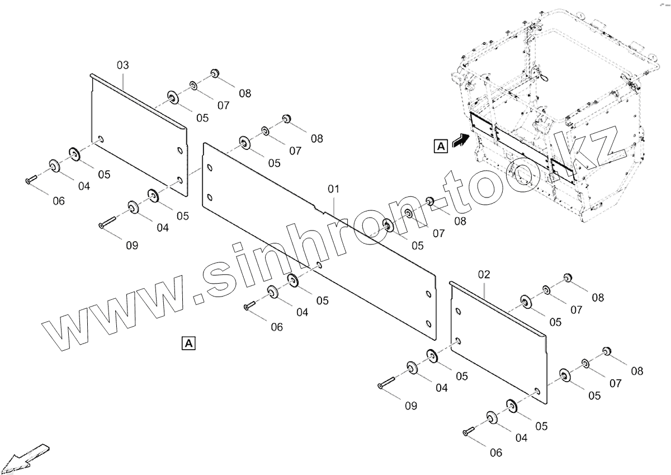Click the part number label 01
[x=333, y=189]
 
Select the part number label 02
[x=484, y=274]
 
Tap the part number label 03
[x=122, y=65]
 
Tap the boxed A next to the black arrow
[x=441, y=147]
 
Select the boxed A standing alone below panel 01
[x=188, y=342]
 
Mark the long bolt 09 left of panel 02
[x=386, y=383]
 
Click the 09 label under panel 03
[x=132, y=245]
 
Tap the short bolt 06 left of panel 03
[x=31, y=179]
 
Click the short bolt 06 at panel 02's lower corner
[x=468, y=431]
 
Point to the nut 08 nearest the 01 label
[x=431, y=201]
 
